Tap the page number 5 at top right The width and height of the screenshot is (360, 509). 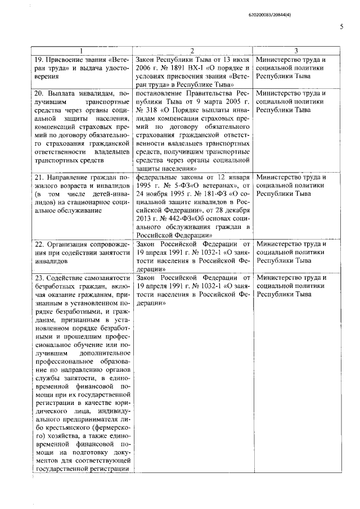tap(341, 26)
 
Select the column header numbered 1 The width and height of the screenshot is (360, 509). tap(82, 51)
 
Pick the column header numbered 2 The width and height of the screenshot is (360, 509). tap(192, 51)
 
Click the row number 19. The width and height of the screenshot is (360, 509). tap(39, 60)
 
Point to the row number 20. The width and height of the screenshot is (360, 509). tap(39, 93)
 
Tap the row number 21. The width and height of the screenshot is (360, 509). tap(39, 179)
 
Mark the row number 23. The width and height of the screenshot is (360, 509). tap(39, 278)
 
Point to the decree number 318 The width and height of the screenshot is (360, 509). tap(151, 111)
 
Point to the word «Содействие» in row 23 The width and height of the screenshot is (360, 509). tap(69, 278)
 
